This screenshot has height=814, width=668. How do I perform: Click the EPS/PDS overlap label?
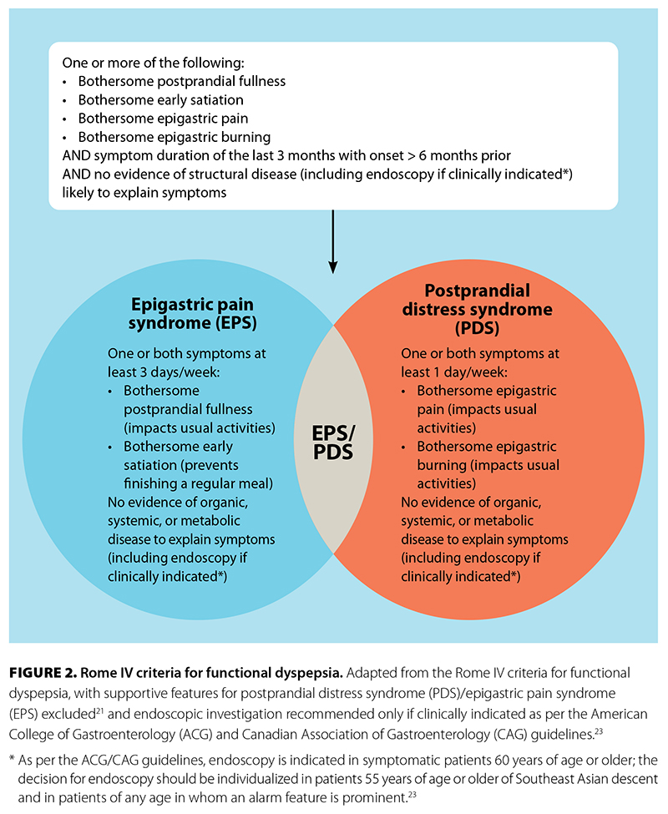[332, 441]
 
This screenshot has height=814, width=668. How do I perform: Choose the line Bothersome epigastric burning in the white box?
[174, 137]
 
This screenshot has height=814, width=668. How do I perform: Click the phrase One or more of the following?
[144, 63]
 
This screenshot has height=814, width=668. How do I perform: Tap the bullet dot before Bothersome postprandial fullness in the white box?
[66, 82]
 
